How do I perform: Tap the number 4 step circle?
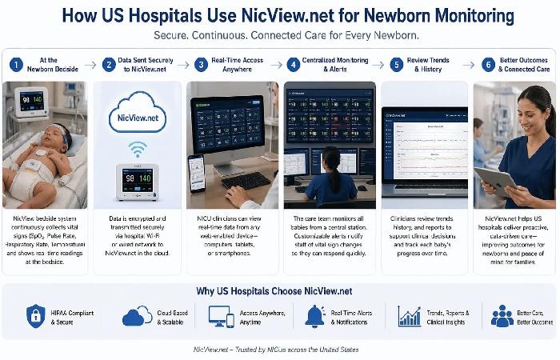click(x=294, y=65)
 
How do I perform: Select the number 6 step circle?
click(x=487, y=65)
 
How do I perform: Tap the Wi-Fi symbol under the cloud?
click(x=138, y=149)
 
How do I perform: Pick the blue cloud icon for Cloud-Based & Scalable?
click(x=137, y=316)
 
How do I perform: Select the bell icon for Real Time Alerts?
click(x=314, y=316)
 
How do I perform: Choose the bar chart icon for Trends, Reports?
click(x=410, y=316)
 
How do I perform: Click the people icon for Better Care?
click(x=502, y=316)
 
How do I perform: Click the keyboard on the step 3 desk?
click(x=245, y=181)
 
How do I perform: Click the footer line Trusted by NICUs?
click(x=276, y=350)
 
